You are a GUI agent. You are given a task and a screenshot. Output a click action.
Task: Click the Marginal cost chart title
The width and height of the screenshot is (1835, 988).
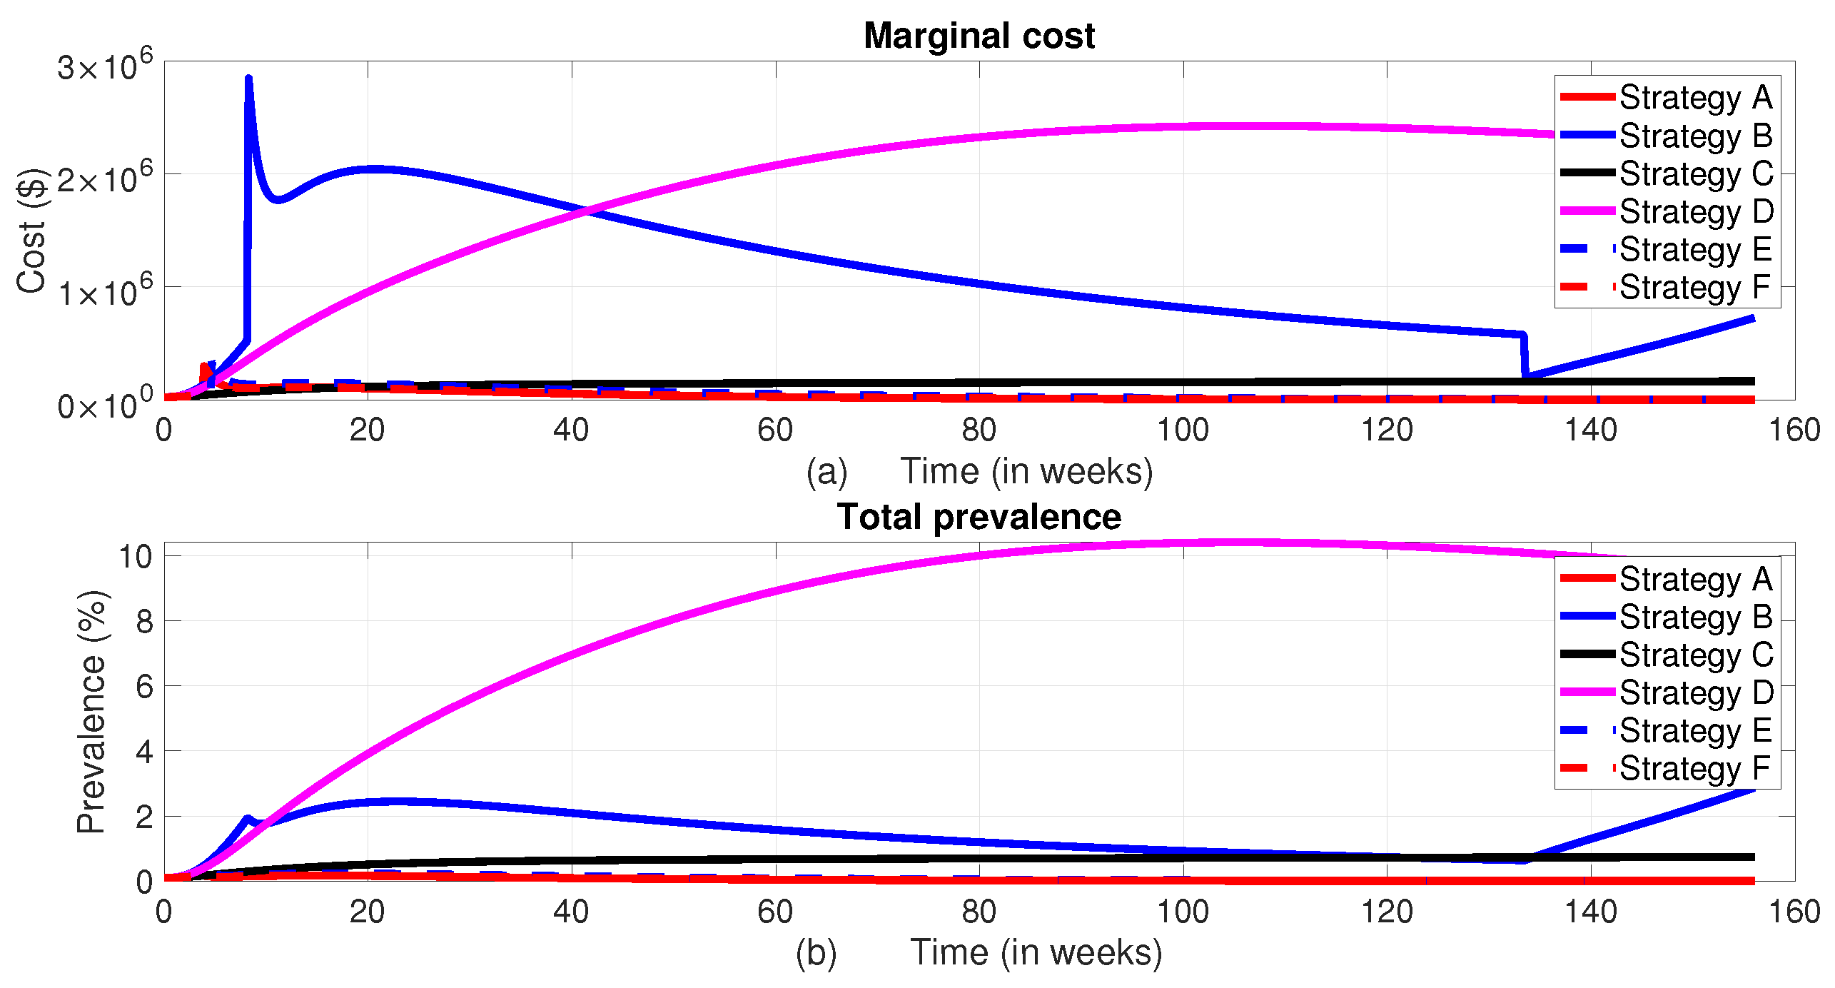979,36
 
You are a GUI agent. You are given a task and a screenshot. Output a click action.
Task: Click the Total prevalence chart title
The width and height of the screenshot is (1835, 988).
979,517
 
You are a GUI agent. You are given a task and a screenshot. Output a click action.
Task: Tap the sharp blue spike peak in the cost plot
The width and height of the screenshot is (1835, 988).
248,79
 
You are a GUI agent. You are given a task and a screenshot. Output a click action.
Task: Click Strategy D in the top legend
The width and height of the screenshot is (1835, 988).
1696,211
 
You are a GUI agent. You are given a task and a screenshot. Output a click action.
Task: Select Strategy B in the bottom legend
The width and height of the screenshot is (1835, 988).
1696,617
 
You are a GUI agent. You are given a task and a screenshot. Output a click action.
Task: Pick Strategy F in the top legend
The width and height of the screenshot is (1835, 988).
1694,288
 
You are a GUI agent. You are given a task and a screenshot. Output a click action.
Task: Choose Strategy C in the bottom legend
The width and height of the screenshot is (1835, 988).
1696,655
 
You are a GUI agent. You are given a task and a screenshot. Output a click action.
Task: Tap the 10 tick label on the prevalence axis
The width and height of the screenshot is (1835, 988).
136,556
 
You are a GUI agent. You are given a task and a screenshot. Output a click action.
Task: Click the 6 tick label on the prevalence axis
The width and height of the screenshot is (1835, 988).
144,686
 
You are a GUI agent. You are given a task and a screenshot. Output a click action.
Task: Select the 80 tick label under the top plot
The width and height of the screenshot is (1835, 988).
979,430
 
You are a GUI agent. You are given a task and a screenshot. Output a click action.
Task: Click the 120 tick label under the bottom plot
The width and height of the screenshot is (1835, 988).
1386,912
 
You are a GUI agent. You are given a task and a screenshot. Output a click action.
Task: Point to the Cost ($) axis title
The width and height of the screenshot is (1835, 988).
31,230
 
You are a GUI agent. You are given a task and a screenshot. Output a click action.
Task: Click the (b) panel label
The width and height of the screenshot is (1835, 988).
816,954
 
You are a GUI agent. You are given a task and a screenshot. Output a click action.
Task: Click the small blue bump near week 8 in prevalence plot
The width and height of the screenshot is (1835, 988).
248,818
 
